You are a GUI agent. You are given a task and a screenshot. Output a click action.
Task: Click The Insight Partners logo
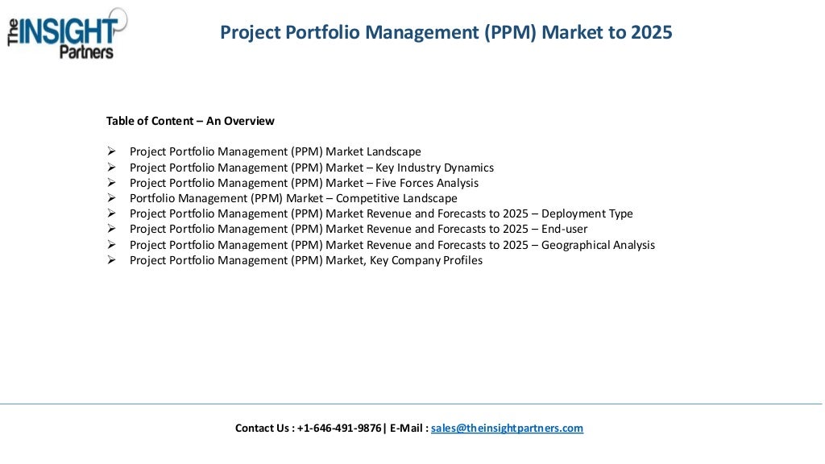point(68,33)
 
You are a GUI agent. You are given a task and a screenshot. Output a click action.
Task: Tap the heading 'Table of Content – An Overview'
point(190,121)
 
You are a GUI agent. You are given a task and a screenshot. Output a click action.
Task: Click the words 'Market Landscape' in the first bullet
point(373,151)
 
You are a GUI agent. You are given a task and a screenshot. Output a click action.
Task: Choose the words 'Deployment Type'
point(587,213)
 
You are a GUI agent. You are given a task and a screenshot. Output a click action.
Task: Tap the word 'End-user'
point(565,229)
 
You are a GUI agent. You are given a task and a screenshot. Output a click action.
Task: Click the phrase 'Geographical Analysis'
point(598,245)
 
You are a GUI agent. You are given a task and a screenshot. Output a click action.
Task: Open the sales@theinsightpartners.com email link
point(507,429)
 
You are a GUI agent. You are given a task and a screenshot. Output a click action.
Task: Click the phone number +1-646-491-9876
point(339,429)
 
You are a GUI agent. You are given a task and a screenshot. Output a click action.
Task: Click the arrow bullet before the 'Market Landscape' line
point(111,151)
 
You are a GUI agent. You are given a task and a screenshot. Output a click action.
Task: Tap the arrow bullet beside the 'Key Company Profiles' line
point(111,260)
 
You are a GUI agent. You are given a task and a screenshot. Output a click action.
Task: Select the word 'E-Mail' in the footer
point(407,429)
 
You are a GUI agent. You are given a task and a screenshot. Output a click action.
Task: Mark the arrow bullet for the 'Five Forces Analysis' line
point(111,183)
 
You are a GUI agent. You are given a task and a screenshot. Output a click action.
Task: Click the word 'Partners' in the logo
point(86,52)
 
